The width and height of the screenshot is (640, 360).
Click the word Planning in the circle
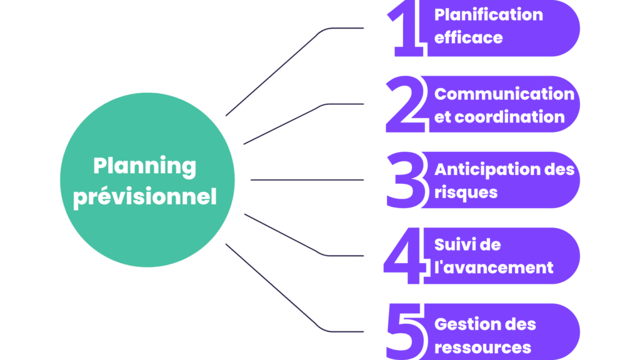pyautogui.click(x=144, y=167)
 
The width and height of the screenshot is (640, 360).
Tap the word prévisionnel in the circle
pyautogui.click(x=144, y=197)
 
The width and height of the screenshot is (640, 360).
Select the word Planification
pyautogui.click(x=489, y=14)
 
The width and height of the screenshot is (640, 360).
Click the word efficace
pyautogui.click(x=469, y=37)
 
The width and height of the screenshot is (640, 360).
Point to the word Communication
pyautogui.click(x=504, y=94)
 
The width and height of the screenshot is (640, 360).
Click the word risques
pyautogui.click(x=466, y=192)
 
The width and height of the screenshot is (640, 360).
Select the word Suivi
pyautogui.click(x=452, y=244)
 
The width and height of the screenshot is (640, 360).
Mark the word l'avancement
pyautogui.click(x=494, y=267)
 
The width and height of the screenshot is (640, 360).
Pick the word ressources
pyautogui.click(x=482, y=347)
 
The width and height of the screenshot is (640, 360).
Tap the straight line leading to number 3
pyautogui.click(x=306, y=180)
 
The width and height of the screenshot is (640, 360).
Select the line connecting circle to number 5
pyautogui.click(x=275, y=287)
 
